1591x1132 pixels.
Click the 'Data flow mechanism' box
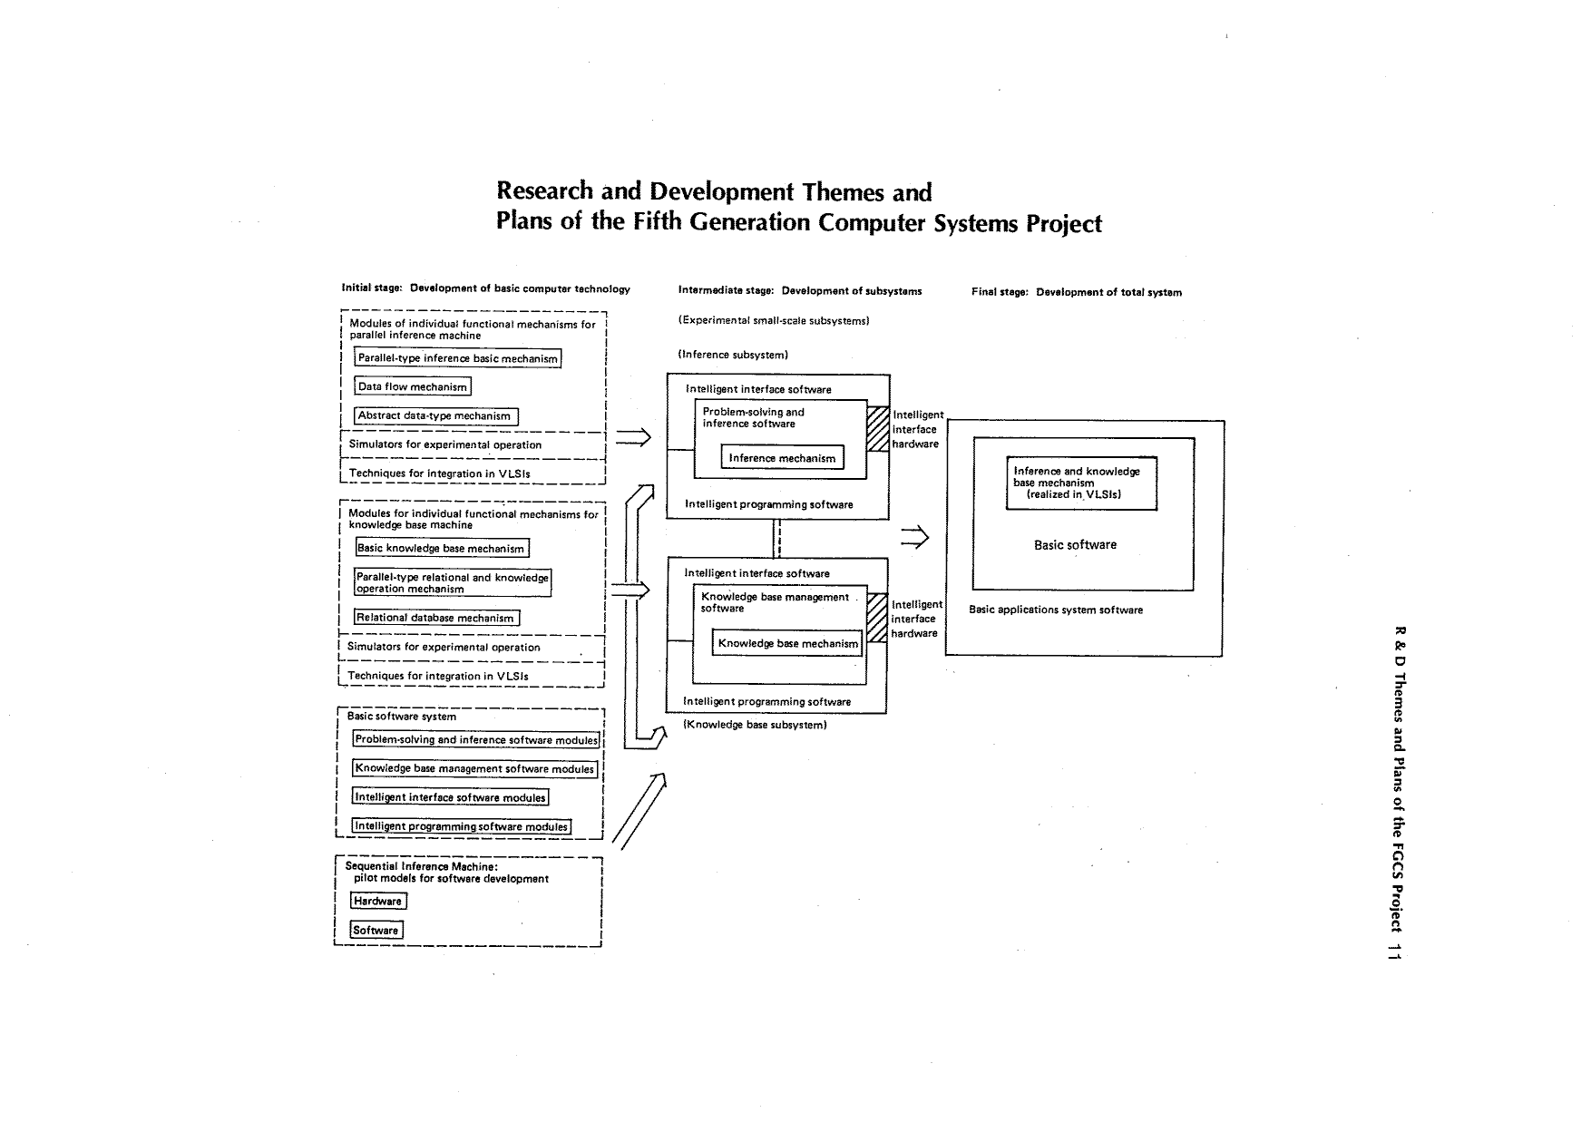tap(413, 386)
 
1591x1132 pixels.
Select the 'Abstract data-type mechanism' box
tap(435, 416)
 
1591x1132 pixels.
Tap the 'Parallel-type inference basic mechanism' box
tap(457, 358)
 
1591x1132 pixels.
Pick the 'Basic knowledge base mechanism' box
tap(441, 548)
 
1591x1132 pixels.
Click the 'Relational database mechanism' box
tap(436, 618)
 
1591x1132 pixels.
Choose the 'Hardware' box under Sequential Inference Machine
tap(378, 901)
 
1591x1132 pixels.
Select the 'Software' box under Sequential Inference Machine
tap(376, 930)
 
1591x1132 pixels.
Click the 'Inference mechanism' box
tap(782, 458)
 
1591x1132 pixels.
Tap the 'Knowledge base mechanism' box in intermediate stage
tap(787, 643)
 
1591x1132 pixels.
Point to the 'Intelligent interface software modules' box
tap(451, 797)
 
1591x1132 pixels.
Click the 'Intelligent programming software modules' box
tap(461, 826)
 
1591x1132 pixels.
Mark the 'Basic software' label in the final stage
tap(1075, 545)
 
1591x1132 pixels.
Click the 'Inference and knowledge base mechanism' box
tap(1081, 483)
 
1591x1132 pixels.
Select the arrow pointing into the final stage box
tap(915, 537)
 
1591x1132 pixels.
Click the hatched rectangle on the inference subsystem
tap(878, 428)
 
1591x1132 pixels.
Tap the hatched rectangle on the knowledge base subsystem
tap(876, 617)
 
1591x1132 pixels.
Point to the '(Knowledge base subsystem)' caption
tap(755, 725)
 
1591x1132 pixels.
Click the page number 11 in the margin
tap(1400, 951)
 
